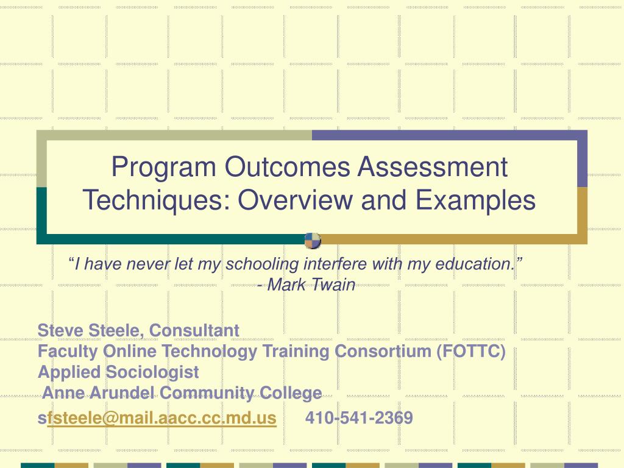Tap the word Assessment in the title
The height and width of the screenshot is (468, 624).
click(x=433, y=168)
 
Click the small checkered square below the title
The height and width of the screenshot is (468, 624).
click(x=313, y=241)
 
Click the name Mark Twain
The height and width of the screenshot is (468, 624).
click(x=311, y=285)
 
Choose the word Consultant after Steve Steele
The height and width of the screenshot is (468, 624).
click(x=194, y=330)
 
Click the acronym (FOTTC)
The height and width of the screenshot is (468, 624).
click(x=470, y=352)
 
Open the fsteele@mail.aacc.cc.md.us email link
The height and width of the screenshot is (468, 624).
click(x=161, y=418)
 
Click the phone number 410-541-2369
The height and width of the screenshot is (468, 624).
click(x=359, y=418)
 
